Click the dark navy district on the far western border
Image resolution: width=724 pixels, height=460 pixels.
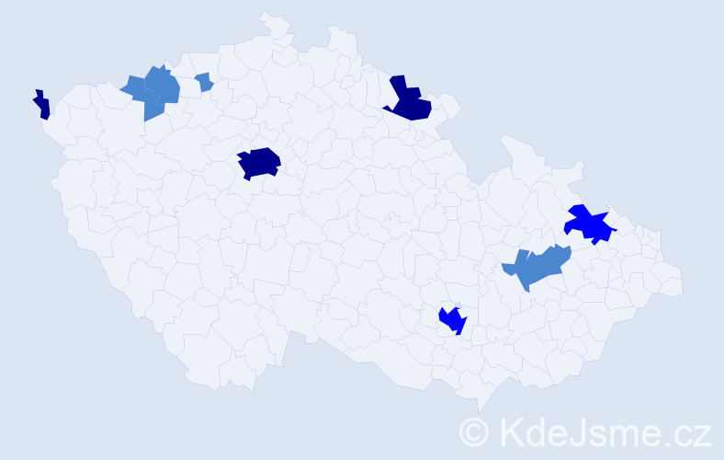point(41,106)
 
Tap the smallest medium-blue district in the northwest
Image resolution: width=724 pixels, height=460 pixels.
point(204,82)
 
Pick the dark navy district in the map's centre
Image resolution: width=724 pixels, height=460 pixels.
point(258,163)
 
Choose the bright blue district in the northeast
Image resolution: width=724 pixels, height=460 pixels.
point(588,224)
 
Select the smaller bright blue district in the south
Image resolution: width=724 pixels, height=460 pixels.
point(452,320)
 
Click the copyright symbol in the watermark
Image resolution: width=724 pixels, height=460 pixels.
point(474,431)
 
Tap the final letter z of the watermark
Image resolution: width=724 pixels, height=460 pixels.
point(703,434)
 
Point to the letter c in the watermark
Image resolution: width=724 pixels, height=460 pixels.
point(684,434)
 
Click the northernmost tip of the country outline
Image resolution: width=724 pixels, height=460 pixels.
point(266,13)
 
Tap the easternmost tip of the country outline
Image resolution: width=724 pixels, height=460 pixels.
point(684,285)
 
